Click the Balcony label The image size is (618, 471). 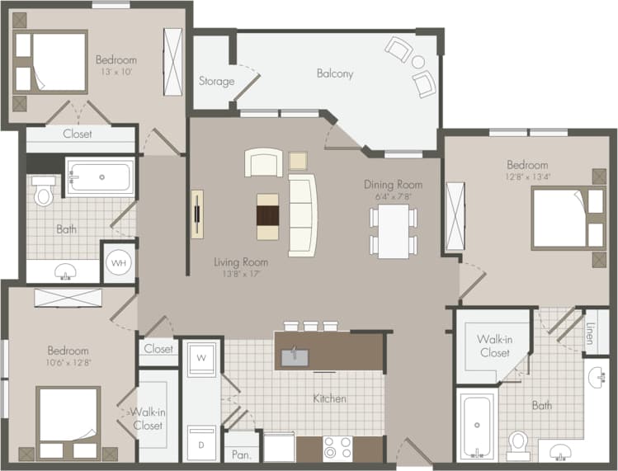point(334,73)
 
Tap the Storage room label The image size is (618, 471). point(216,81)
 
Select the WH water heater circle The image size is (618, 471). point(119,262)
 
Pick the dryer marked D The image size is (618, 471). point(201,443)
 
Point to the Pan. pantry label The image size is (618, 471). point(242,454)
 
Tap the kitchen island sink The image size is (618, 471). point(293,356)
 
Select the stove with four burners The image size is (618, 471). point(337,448)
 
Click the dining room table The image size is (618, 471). point(394,231)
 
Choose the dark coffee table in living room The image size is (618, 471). point(268,216)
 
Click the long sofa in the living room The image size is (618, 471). point(302,215)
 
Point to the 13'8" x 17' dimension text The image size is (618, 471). point(241,275)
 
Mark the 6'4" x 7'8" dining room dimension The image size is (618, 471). point(393,196)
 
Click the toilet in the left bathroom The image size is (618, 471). point(44,192)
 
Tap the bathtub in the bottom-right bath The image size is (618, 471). point(476,426)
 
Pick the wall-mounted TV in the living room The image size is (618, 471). point(196,214)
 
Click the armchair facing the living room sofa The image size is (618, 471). point(263,163)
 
